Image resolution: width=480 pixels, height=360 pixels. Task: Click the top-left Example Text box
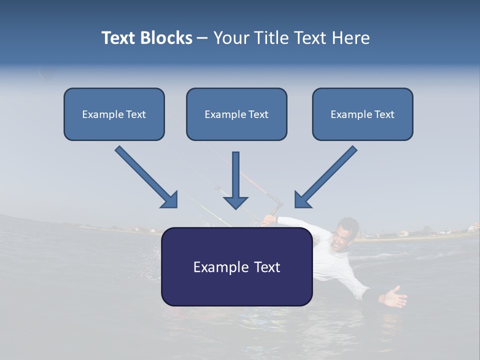pyautogui.click(x=114, y=114)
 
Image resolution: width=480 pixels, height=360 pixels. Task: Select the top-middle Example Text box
pyautogui.click(x=236, y=114)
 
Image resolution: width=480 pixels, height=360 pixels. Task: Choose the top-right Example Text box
pyautogui.click(x=362, y=114)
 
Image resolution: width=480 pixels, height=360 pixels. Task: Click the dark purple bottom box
pyautogui.click(x=236, y=266)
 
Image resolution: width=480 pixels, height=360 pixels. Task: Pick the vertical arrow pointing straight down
pyautogui.click(x=235, y=180)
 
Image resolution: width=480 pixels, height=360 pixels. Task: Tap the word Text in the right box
pyautogui.click(x=384, y=114)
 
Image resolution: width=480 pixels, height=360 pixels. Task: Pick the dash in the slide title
pyautogui.click(x=202, y=38)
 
